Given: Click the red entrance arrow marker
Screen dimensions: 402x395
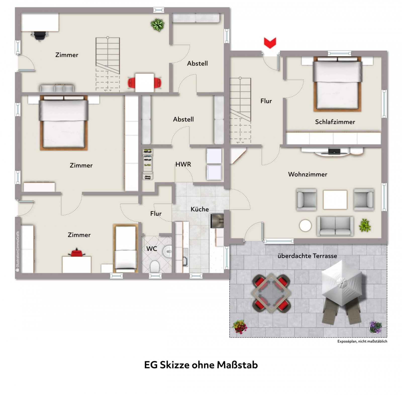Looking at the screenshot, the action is tap(270, 43).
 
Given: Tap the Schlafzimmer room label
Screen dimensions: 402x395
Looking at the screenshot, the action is tap(335, 122).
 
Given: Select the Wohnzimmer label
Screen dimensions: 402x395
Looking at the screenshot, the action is tap(308, 174).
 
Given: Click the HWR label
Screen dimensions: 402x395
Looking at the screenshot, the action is tap(183, 164).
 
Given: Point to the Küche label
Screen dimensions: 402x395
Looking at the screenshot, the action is tap(199, 209).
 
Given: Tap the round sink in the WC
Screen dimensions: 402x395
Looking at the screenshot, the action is tap(167, 251).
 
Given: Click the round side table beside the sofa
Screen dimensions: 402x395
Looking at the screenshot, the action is tap(305, 226).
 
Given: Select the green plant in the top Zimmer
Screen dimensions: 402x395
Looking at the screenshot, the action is tap(158, 25).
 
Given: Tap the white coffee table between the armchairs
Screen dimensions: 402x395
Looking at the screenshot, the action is tap(335, 200).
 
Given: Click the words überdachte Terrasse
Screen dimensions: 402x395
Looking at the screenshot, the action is tap(307, 256).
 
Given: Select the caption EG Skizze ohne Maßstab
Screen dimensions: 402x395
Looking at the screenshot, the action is tap(201, 365).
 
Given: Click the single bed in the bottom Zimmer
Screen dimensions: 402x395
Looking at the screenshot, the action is tap(126, 248).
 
